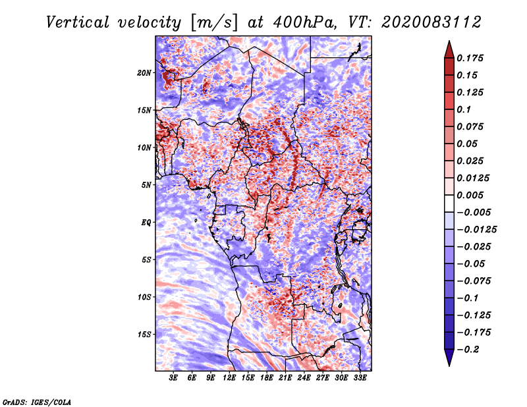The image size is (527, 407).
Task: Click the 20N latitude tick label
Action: click(144, 72)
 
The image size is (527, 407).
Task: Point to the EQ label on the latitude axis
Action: click(146, 222)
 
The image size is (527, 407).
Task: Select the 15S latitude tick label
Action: click(144, 334)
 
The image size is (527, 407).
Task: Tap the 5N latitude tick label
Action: click(146, 184)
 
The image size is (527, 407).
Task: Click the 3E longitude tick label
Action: click(173, 378)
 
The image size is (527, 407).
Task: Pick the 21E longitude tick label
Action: click(285, 378)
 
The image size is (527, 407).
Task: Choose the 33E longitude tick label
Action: click(360, 378)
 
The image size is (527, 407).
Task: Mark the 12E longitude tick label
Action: click(229, 378)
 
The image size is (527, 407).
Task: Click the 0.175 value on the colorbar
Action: click(471, 58)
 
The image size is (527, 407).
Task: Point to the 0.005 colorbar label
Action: click(471, 195)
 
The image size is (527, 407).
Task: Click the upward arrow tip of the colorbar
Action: click(448, 43)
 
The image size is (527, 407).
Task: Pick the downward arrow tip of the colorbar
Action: click(448, 364)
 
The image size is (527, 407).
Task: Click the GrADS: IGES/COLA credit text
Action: click(36, 401)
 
